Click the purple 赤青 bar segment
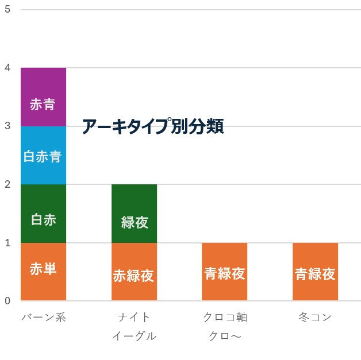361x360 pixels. (x=43, y=97)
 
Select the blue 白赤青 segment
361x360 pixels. (x=43, y=155)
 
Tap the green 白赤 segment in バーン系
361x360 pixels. (x=43, y=214)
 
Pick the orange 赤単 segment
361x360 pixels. (x=43, y=272)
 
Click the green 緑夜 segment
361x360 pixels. (x=134, y=214)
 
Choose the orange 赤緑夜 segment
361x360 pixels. (x=134, y=272)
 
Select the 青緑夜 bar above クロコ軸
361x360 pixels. (x=224, y=272)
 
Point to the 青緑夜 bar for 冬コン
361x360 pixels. (x=315, y=272)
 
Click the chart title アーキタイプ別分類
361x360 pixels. (x=152, y=126)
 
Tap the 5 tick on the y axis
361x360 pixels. (x=7, y=10)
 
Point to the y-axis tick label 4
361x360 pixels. (x=7, y=68)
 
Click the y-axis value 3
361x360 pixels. (x=7, y=126)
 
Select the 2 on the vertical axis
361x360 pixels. (x=7, y=184)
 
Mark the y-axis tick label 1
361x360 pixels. (x=7, y=243)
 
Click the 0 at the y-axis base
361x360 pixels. (x=7, y=301)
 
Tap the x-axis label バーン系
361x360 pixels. (x=44, y=318)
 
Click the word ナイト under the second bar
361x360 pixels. (x=134, y=318)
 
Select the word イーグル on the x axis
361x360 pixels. (x=134, y=336)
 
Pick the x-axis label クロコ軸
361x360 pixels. (x=225, y=318)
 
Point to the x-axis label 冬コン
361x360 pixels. (x=315, y=318)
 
